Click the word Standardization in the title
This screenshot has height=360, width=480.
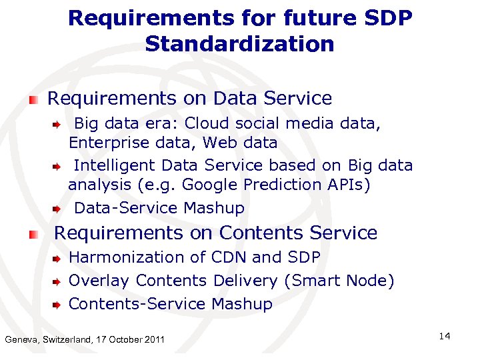[239, 45]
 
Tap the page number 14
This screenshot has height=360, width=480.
[445, 336]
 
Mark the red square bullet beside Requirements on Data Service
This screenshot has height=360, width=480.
[33, 99]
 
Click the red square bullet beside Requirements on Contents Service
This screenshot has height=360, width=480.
[33, 234]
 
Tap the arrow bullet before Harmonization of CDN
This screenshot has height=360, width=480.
[58, 258]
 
